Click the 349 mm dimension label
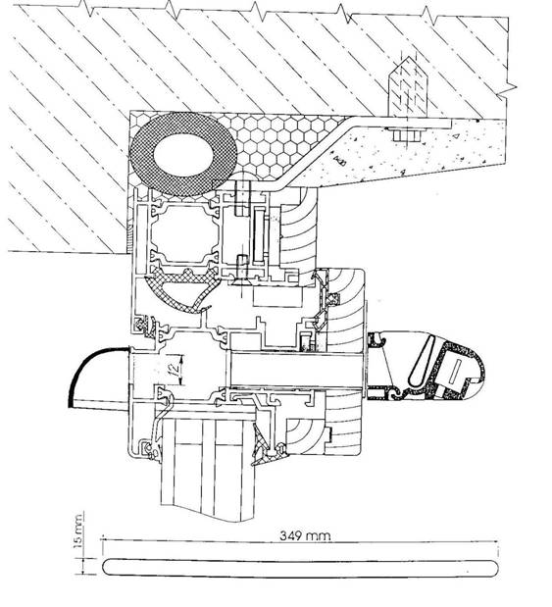pos(305,535)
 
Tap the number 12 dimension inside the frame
pos(175,369)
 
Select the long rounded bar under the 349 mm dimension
pos(300,568)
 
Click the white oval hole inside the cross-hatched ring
pos(183,155)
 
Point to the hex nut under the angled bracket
pos(407,135)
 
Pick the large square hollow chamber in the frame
pos(184,233)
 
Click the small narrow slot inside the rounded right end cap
pos(456,368)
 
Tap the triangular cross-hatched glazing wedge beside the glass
pos(260,444)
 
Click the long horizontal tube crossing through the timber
pos(296,369)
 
